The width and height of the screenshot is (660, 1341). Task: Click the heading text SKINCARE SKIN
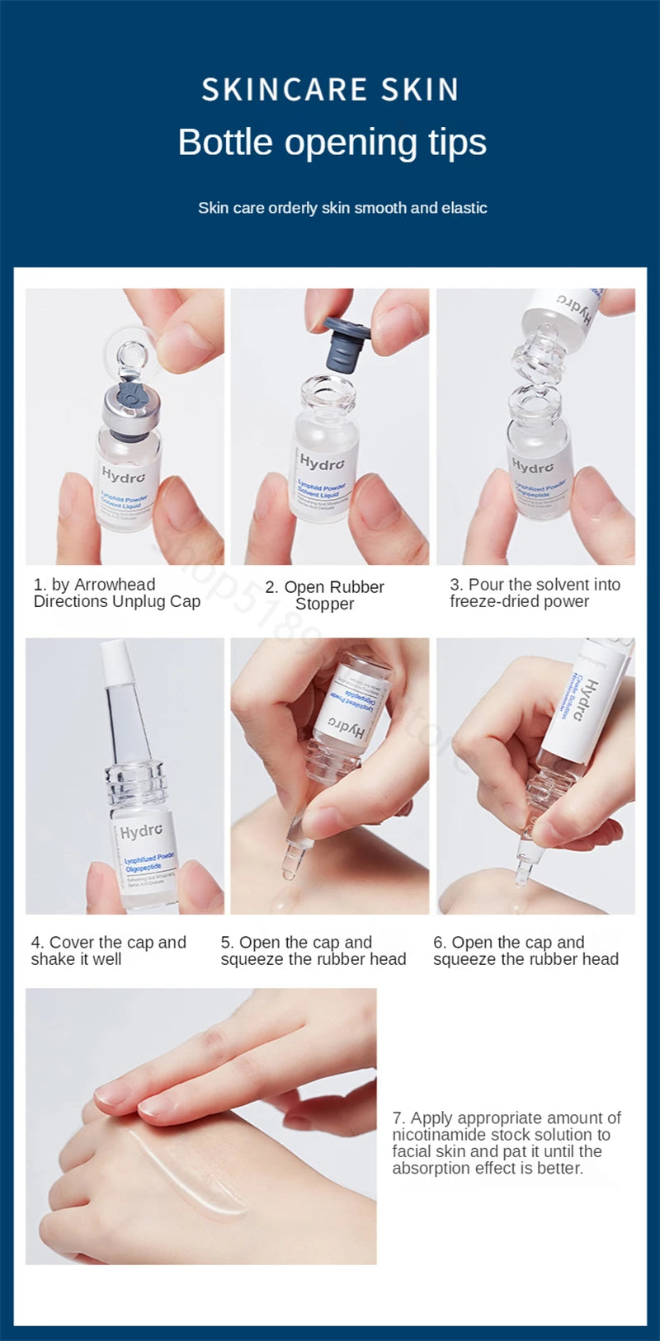click(330, 89)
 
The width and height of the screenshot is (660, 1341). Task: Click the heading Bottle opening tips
click(332, 142)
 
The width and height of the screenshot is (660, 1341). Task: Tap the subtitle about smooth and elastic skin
click(342, 208)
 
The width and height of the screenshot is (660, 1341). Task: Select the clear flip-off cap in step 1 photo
click(132, 353)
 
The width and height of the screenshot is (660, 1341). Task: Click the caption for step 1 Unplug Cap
click(116, 593)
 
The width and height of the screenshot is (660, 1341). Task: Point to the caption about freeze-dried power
click(534, 593)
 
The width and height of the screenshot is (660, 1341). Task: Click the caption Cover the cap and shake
click(108, 951)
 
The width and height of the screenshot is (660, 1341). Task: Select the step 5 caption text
click(313, 951)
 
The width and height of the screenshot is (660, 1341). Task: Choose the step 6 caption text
click(526, 951)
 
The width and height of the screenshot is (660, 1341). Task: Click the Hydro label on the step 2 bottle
click(322, 463)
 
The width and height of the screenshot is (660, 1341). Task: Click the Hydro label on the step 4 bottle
click(141, 832)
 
